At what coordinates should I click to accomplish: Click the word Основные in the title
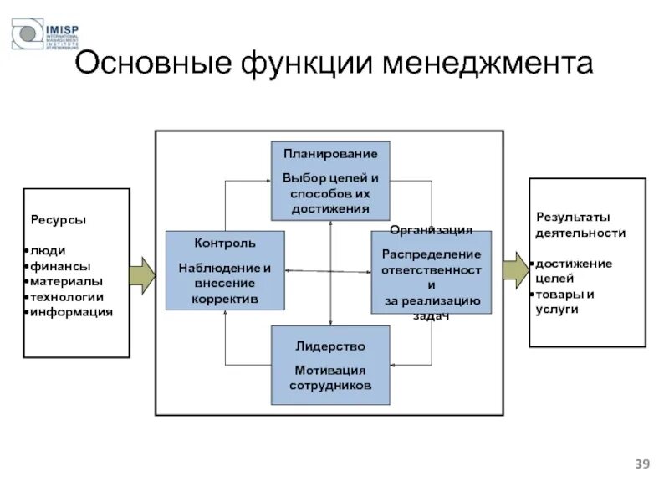(x=151, y=65)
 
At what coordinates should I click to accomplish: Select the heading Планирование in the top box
(x=330, y=154)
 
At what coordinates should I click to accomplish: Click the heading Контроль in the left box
(x=225, y=243)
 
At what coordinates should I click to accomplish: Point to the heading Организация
(x=431, y=230)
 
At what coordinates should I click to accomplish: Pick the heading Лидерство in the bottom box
(x=330, y=346)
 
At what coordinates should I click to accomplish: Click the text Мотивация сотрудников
(x=330, y=378)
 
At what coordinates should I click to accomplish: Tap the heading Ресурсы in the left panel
(x=59, y=220)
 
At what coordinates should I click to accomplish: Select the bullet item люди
(x=49, y=251)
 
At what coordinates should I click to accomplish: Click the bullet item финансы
(x=60, y=266)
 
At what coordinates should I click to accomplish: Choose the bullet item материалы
(x=67, y=281)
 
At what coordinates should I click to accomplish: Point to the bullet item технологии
(x=68, y=296)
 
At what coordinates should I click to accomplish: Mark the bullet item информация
(x=72, y=312)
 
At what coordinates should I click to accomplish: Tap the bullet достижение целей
(x=574, y=271)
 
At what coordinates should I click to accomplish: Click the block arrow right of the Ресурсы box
(x=143, y=274)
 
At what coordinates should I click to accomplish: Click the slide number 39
(x=642, y=464)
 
